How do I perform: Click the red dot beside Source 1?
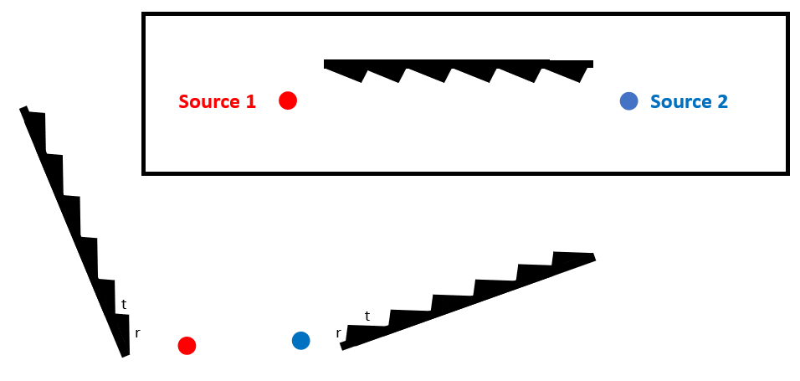(288, 100)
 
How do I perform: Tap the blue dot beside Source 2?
(629, 100)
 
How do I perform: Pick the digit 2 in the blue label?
(721, 101)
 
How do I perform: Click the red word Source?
(209, 101)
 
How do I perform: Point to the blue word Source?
(680, 101)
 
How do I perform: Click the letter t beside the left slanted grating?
(124, 305)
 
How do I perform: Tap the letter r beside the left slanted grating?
(137, 332)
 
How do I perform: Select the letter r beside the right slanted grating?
(338, 332)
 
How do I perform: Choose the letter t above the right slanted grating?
(367, 316)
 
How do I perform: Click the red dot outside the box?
(187, 345)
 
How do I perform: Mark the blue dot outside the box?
(301, 340)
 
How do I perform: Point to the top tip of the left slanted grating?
(23, 109)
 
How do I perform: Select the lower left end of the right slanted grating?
(344, 347)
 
